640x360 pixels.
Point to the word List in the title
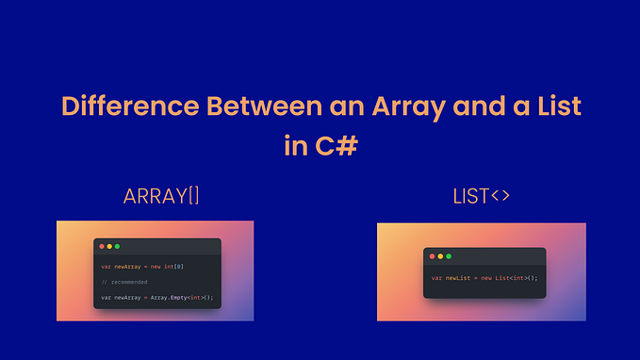[556, 106]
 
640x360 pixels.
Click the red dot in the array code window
[102, 246]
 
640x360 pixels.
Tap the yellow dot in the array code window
[109, 246]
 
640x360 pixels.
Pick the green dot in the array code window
[117, 246]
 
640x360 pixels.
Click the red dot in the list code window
[432, 256]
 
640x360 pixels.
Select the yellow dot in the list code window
[439, 256]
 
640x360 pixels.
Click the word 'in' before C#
[293, 145]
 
